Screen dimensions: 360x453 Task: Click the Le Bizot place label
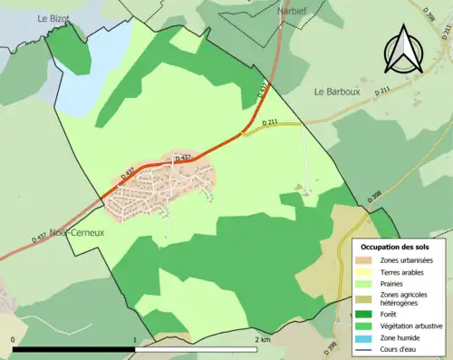53,18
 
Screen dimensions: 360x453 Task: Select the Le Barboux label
338,92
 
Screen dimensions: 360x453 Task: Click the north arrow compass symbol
402,52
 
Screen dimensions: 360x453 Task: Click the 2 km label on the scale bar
264,340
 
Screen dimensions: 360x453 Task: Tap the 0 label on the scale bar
13,340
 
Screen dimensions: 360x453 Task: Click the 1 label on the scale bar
135,340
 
